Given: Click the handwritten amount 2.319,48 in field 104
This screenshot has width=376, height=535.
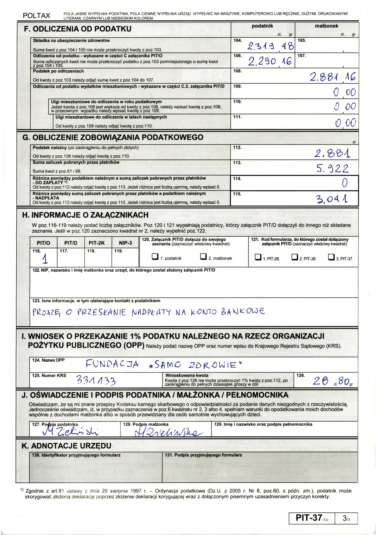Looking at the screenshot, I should [270, 47].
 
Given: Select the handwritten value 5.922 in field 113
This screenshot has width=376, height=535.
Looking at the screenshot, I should [332, 169].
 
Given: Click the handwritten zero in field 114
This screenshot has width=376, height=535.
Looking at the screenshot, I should [345, 183].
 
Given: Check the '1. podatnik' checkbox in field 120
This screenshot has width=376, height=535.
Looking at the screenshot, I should [155, 257].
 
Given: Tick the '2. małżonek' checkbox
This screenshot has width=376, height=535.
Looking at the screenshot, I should [203, 257].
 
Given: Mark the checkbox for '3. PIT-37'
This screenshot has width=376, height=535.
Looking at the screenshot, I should [331, 257].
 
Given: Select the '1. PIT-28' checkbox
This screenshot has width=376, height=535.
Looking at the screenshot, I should [258, 257].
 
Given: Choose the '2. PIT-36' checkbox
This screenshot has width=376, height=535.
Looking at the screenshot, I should [295, 257].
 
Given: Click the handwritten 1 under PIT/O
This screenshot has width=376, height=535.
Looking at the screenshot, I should [45, 259].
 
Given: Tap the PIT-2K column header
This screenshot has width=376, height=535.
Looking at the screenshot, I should [97, 243].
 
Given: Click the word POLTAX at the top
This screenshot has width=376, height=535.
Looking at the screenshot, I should [37, 16].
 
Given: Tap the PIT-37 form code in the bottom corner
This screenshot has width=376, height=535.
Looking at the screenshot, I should [309, 518].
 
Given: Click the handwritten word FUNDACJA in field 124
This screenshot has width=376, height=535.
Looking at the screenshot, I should [112, 364].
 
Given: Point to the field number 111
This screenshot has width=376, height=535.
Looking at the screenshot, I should [237, 117].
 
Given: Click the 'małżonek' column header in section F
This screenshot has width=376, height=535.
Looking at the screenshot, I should [326, 26].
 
